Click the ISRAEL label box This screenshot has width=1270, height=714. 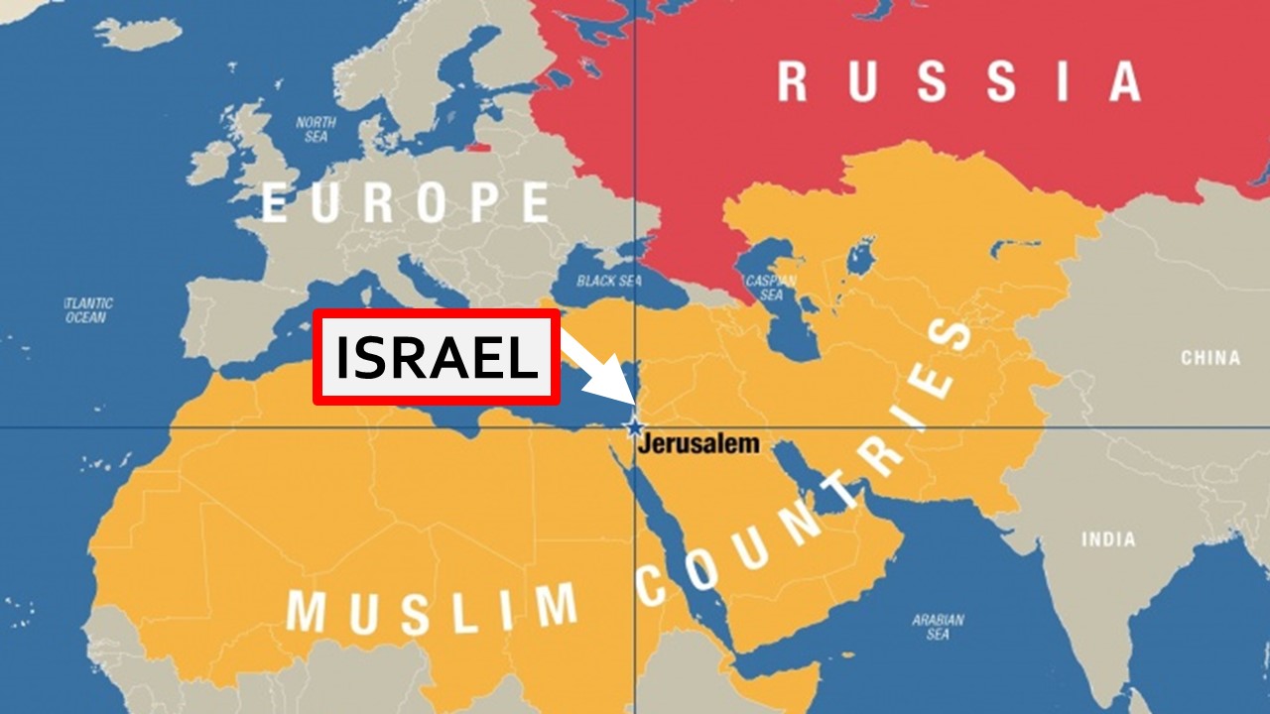tap(437, 357)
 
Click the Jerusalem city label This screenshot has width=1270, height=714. tap(698, 443)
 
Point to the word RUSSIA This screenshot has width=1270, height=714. tap(957, 81)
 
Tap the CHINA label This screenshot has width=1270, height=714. tap(1209, 358)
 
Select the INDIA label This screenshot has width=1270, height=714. tap(1108, 539)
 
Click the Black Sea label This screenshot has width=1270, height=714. tap(609, 281)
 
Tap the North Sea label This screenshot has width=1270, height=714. tap(317, 129)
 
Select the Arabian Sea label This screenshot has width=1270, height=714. tap(938, 627)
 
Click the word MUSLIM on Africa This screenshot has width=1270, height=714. tap(432, 607)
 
